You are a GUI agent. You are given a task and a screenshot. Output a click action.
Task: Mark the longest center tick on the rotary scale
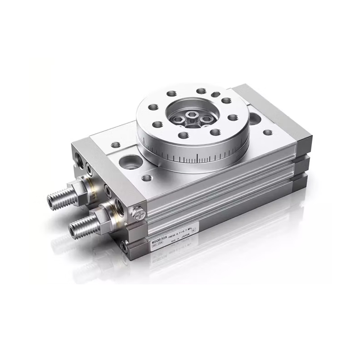(x=198, y=157)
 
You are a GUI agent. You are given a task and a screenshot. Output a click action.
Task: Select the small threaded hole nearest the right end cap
(x=267, y=132)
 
